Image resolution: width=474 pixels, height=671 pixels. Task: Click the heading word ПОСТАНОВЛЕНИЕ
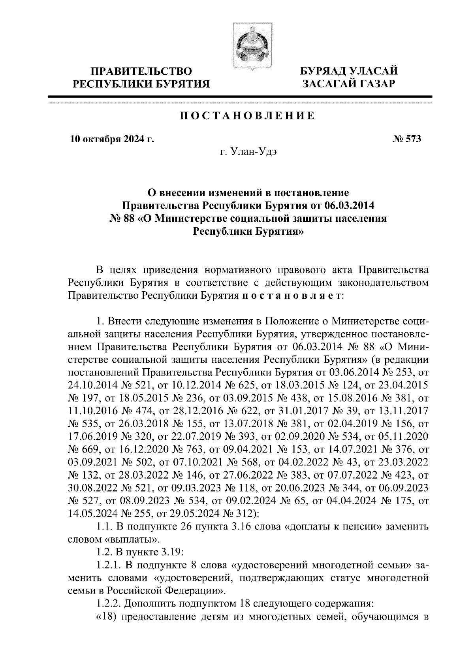[248, 116]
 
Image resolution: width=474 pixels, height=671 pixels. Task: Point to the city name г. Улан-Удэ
[248, 152]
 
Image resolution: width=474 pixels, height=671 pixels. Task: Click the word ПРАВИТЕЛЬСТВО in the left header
[141, 72]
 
